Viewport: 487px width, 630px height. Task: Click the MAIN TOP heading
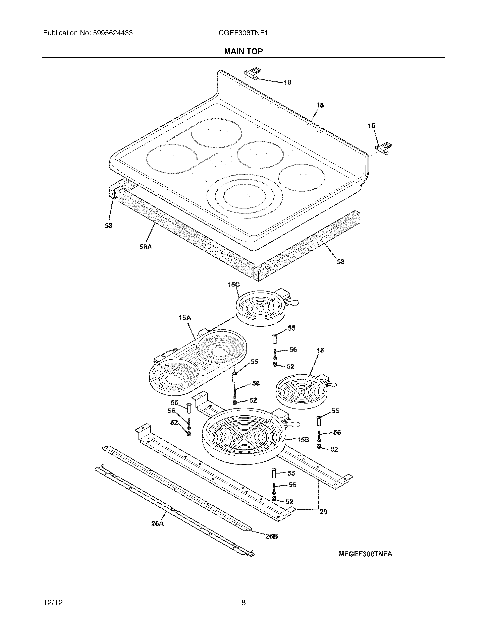pyautogui.click(x=244, y=51)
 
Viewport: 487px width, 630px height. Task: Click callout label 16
pyautogui.click(x=320, y=105)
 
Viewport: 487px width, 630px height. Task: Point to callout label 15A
pyautogui.click(x=185, y=318)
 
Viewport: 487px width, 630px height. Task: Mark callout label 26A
pyautogui.click(x=158, y=524)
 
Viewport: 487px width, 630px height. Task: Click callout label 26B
pyautogui.click(x=271, y=536)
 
